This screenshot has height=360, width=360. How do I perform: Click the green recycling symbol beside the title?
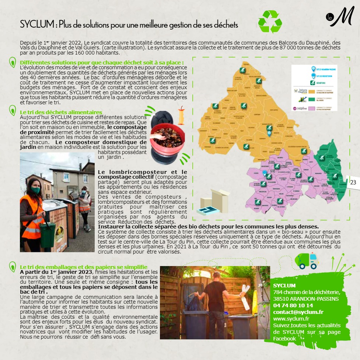coord(270,22)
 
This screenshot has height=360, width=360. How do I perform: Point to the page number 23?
coord(353,182)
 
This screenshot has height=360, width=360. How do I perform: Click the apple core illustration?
coord(181,116)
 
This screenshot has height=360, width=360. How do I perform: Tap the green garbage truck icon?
coord(306,261)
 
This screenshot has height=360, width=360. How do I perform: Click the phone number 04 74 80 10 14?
coord(293,305)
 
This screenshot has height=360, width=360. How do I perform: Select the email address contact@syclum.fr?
coord(298,312)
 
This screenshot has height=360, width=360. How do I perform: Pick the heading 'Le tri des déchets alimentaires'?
coord(61,112)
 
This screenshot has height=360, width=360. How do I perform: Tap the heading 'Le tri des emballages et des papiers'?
coord(84,267)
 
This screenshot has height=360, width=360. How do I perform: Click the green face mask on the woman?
coord(35,190)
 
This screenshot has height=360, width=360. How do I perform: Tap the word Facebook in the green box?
coord(284,339)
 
